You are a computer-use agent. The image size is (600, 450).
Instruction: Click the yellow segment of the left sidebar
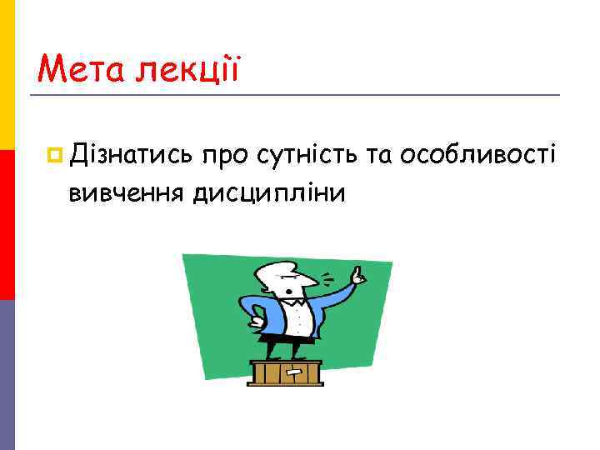pos(7,75)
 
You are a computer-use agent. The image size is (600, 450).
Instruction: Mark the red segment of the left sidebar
pos(7,225)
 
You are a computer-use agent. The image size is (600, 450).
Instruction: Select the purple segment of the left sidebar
pos(7,375)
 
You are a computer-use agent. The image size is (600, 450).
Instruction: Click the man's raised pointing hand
pos(357,275)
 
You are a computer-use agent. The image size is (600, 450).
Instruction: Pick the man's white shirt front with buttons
pos(298,317)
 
